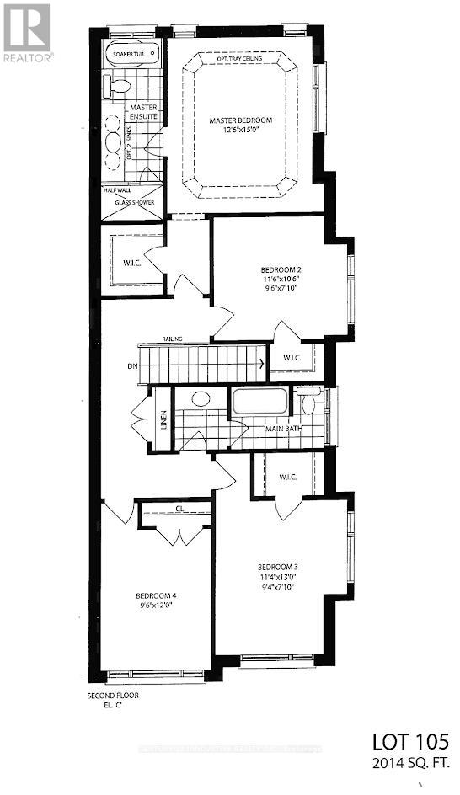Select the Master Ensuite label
pos(143,113)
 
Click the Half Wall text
pos(119,190)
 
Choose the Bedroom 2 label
pos(279,271)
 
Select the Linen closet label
pos(163,419)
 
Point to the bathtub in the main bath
pos(259,402)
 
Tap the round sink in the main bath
pos(201,398)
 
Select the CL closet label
pos(179,508)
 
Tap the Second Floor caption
pos(112,696)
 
